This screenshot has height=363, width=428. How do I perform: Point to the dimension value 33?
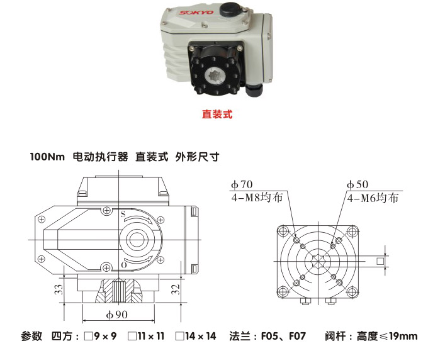tap(57, 290)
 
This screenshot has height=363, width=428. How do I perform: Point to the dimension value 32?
tap(176, 290)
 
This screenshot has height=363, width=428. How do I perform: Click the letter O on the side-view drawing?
tap(123, 265)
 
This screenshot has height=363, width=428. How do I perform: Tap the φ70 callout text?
tap(242, 185)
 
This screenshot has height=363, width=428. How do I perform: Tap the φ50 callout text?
tap(358, 185)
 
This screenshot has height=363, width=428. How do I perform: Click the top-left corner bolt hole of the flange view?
tap(287, 229)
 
